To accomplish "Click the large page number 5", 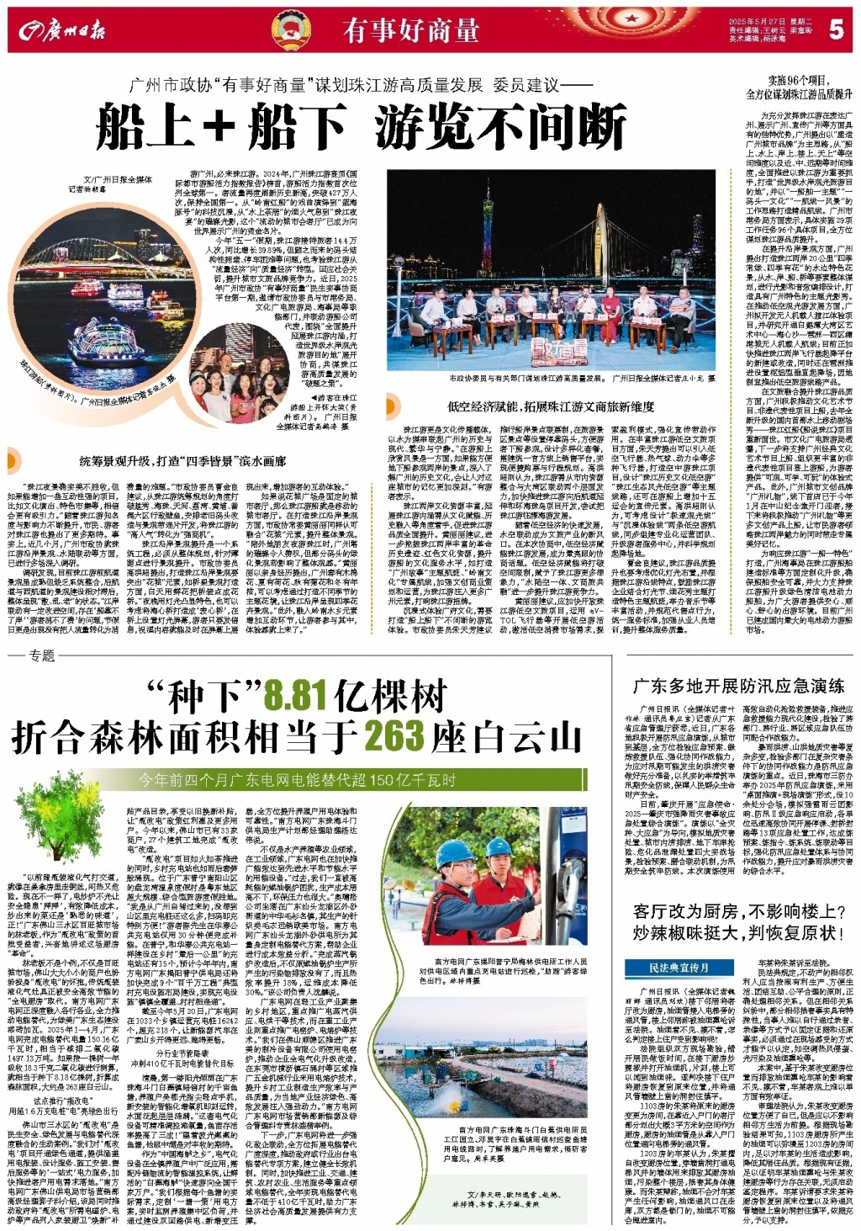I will pos(835,29).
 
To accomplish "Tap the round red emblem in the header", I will pos(291,31).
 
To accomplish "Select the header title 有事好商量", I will pos(411,31).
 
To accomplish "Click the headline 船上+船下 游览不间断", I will pos(362,128).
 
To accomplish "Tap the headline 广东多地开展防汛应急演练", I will pos(738,687).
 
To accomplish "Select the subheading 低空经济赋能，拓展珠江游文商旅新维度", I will pos(551,406).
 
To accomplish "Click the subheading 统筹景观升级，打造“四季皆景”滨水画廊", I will pos(182,461).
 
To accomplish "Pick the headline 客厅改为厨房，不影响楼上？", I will pos(738,912).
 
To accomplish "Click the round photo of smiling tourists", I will pos(228,369).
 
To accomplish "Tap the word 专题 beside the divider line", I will pos(41,655).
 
